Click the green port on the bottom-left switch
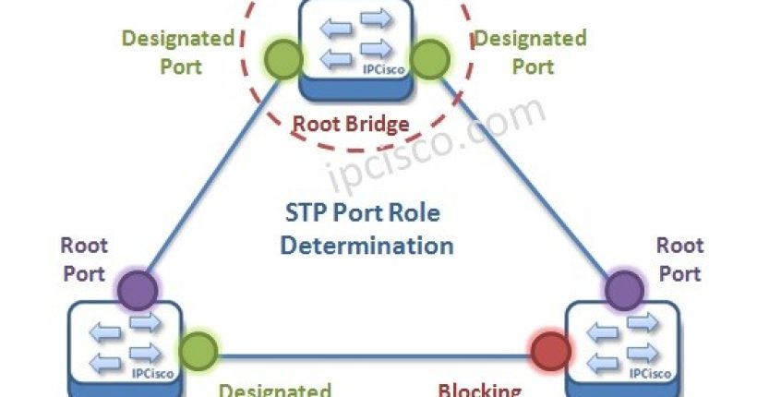pyautogui.click(x=198, y=351)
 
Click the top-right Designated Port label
pyautogui.click(x=530, y=53)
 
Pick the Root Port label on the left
pyautogui.click(x=85, y=259)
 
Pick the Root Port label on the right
pyautogui.click(x=679, y=259)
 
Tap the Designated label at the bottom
pyautogui.click(x=274, y=389)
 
